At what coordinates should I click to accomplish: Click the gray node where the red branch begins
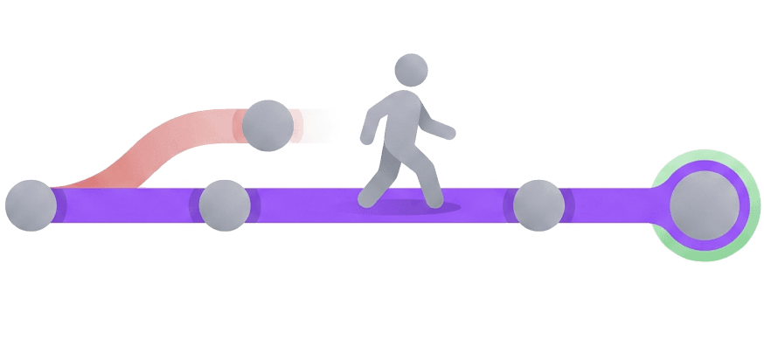(x=30, y=205)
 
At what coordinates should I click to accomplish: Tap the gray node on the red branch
(x=267, y=125)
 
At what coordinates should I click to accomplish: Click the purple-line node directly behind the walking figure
(x=226, y=205)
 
